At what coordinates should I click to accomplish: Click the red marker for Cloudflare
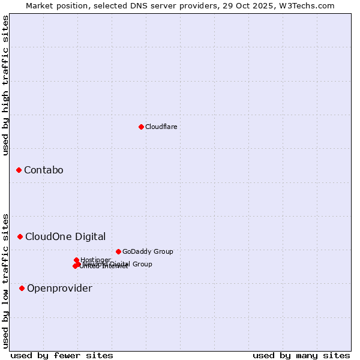(x=141, y=127)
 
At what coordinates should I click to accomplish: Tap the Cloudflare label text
(x=161, y=127)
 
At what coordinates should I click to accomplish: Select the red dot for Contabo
(x=19, y=170)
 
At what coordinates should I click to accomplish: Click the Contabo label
(x=43, y=170)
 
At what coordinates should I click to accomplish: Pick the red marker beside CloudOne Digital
(x=20, y=236)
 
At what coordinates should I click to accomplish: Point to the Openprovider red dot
(x=22, y=289)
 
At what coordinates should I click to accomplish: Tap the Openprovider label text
(x=59, y=289)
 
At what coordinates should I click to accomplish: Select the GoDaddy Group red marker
(x=118, y=251)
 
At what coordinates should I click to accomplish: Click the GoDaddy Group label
(x=147, y=251)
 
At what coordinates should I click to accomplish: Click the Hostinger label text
(x=95, y=259)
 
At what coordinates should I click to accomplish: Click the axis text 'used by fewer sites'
(x=62, y=355)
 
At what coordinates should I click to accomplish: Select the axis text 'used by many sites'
(x=301, y=355)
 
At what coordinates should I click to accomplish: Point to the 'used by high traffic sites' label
(x=5, y=85)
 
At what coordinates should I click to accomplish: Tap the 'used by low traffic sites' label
(x=5, y=280)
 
